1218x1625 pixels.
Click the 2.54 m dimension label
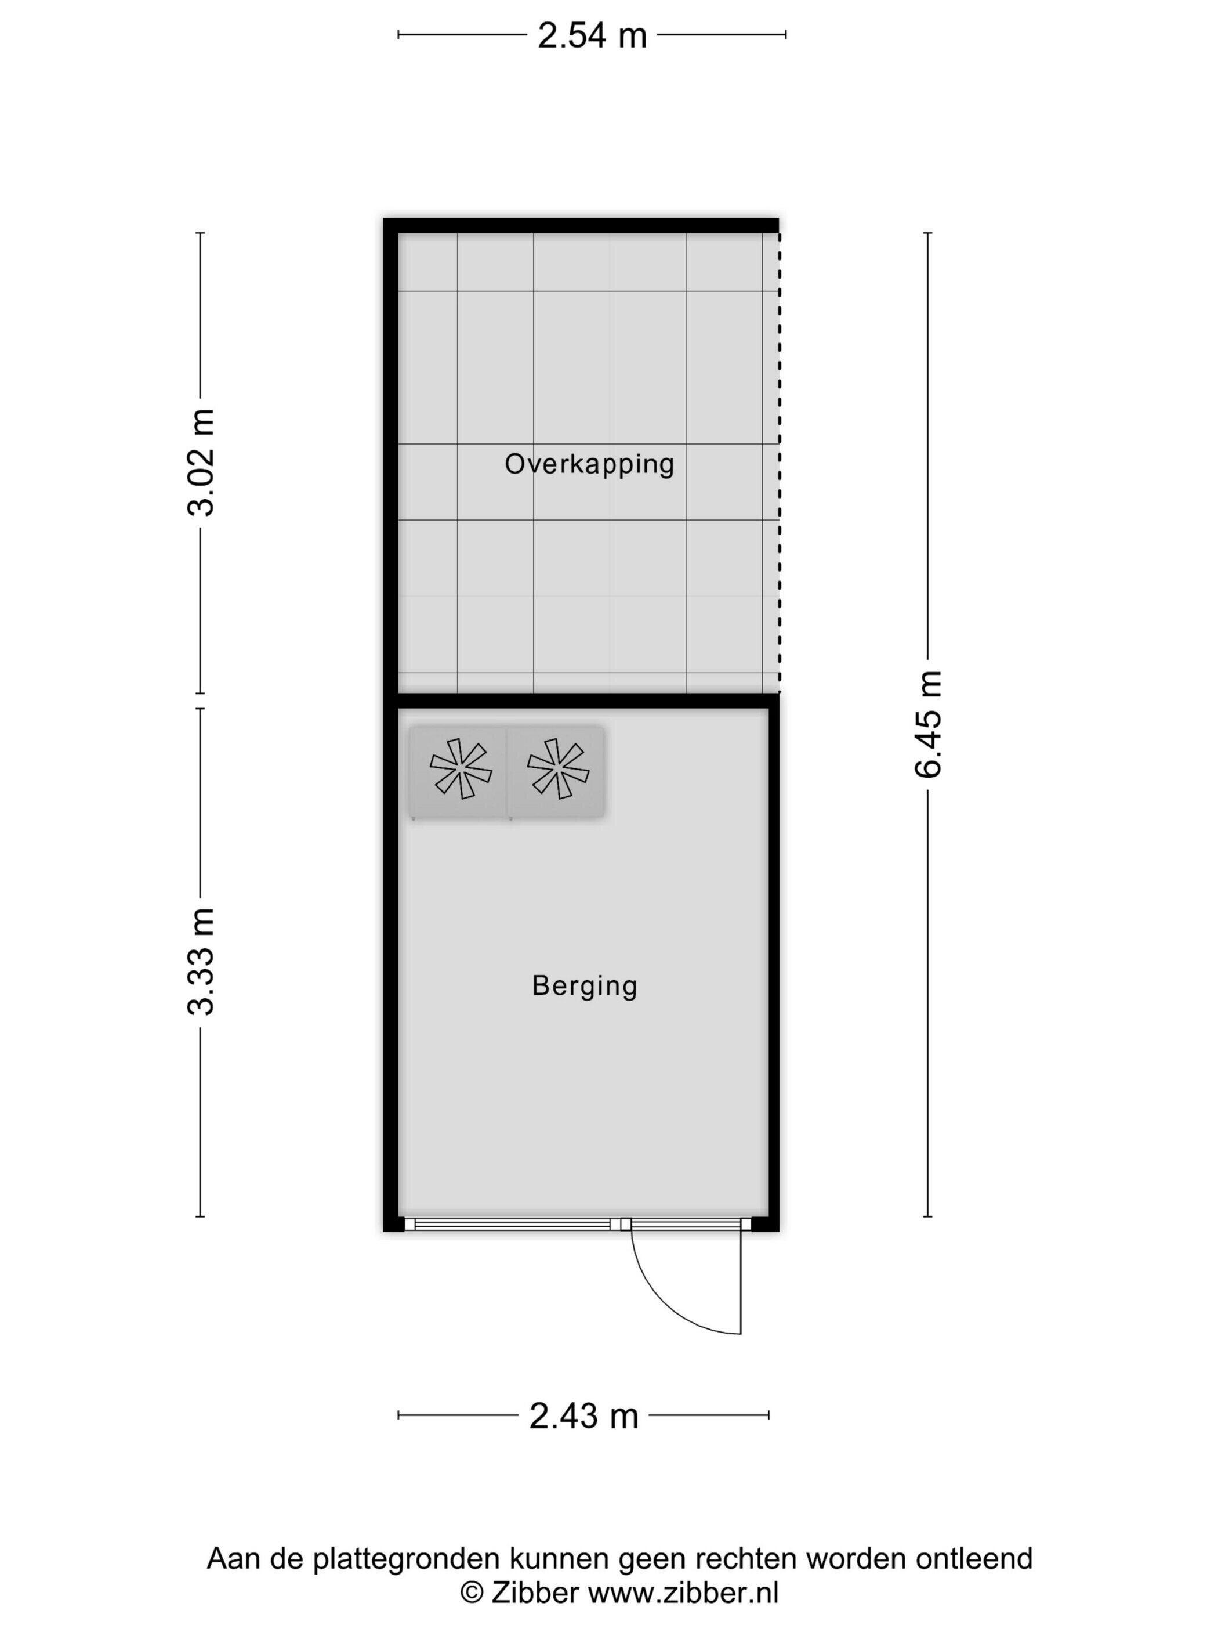[592, 35]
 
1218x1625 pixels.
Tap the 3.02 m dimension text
[201, 462]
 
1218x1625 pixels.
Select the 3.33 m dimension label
[201, 961]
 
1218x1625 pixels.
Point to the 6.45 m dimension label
[927, 724]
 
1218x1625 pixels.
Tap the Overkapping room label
[589, 464]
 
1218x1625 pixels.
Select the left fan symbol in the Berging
[461, 769]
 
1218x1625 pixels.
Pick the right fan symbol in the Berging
[558, 769]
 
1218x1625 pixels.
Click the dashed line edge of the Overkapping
[779, 462]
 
